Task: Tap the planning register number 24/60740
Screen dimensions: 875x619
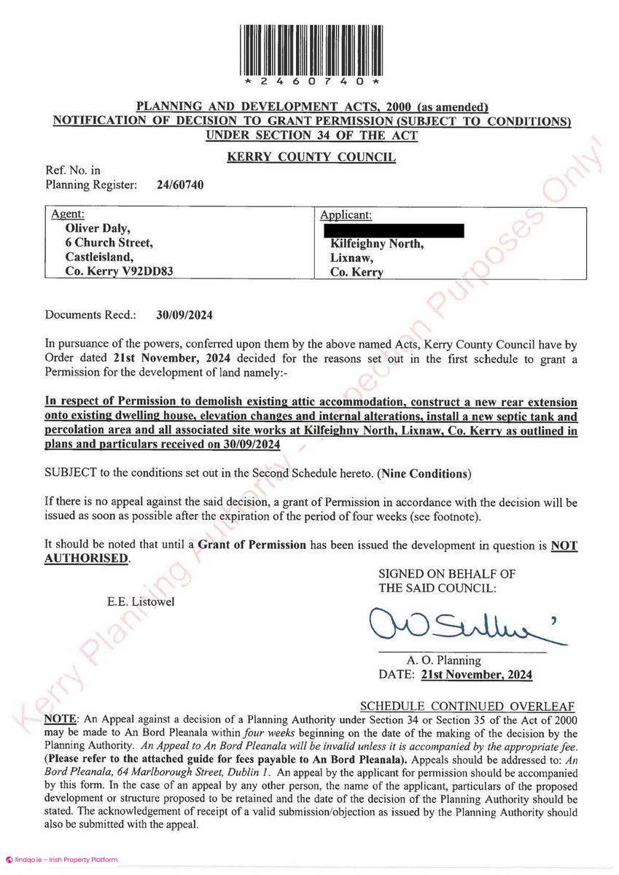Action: [180, 185]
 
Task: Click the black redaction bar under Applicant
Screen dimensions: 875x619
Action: [392, 230]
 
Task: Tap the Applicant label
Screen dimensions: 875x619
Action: [346, 215]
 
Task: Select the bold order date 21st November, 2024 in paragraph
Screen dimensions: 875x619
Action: [171, 359]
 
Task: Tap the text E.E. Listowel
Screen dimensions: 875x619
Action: [141, 602]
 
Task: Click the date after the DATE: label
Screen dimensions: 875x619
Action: [477, 674]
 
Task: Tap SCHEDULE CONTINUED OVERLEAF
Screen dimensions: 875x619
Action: [468, 706]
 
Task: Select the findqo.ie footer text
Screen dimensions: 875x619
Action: [66, 860]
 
